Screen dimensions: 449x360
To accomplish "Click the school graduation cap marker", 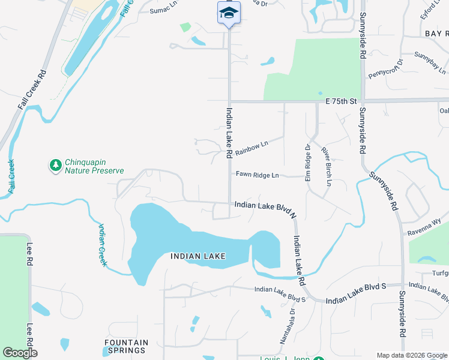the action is coord(229,13).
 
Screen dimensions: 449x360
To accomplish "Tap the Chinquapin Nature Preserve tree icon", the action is coord(55,164).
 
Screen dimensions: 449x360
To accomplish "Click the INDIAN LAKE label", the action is coord(198,256).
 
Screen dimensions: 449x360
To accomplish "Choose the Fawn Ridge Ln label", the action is coord(258,175).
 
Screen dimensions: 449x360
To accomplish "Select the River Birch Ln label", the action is coord(326,166).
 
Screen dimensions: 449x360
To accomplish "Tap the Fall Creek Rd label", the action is coord(32,90).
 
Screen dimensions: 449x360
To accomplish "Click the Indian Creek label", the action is coord(103,244).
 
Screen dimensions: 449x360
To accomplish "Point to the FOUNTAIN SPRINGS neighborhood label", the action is coord(125,346).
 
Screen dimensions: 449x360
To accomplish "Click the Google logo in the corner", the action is coord(20,353).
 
